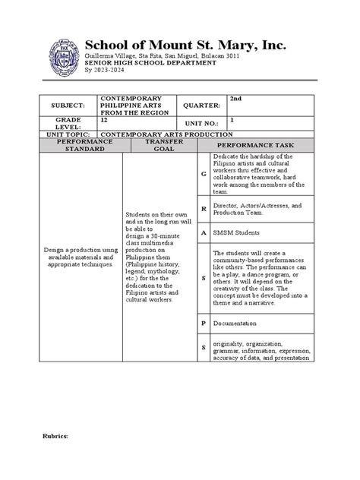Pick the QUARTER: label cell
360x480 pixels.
[201, 106]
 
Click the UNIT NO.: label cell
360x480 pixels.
[200, 124]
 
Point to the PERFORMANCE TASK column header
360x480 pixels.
[254, 144]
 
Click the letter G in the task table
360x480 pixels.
[204, 175]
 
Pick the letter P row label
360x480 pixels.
[204, 323]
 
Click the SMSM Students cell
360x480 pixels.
[236, 232]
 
